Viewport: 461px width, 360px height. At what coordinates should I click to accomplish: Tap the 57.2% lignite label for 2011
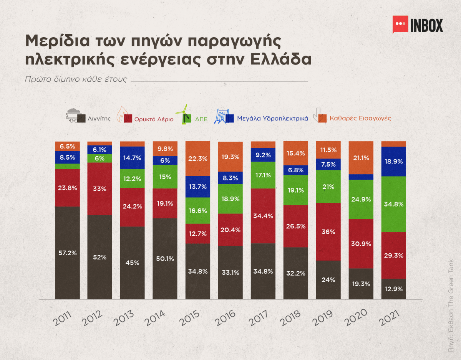pos(68,253)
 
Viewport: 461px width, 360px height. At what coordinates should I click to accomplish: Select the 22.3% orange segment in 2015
pos(198,159)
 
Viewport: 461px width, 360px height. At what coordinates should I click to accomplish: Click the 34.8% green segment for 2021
pos(394,204)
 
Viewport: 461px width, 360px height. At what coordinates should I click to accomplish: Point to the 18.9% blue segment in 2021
pos(394,161)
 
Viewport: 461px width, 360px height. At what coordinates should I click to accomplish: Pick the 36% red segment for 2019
pos(328,232)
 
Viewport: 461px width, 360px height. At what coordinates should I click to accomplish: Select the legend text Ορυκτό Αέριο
pos(154,119)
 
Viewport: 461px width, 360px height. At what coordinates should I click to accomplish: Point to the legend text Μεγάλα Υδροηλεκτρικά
pos(273,119)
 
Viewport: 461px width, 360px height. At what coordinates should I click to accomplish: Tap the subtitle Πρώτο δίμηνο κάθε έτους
pos(75,80)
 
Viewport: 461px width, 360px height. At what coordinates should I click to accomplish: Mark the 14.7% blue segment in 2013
pos(133,158)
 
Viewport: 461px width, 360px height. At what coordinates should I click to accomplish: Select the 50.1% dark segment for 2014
pos(165,259)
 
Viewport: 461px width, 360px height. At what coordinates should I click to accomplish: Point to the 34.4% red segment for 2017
pos(263,216)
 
